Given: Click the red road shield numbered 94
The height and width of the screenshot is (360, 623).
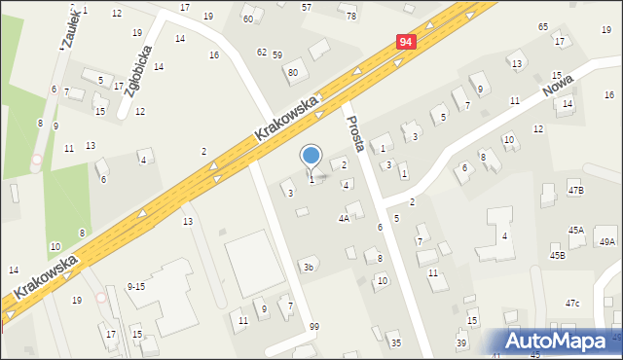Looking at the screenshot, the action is coord(407,42).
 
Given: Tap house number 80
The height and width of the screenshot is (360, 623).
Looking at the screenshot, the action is coord(292,73).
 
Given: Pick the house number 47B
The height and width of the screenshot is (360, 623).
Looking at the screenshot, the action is coord(576,190).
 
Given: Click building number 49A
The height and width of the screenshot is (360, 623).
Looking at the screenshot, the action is coord(607,241).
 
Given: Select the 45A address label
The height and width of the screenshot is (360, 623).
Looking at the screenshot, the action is coord(576,230).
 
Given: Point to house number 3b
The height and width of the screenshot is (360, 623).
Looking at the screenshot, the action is coord(309,267).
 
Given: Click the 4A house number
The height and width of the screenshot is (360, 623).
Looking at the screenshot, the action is coord(344,219).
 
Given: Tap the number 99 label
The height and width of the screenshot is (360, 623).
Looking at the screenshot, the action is coord(313,327).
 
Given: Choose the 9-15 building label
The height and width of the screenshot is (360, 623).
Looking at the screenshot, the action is coord(136,286).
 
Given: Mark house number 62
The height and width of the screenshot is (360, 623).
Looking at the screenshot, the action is coord(261,52).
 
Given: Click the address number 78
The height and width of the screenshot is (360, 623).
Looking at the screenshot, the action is coord(351,17).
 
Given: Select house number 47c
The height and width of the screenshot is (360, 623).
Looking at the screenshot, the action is coord(572,304).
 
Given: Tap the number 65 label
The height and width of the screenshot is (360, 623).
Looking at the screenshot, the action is coord(542,26).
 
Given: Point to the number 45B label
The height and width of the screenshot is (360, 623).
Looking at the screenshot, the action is coord(557,255).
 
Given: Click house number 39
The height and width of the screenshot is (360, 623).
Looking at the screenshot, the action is coord(461,343).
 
